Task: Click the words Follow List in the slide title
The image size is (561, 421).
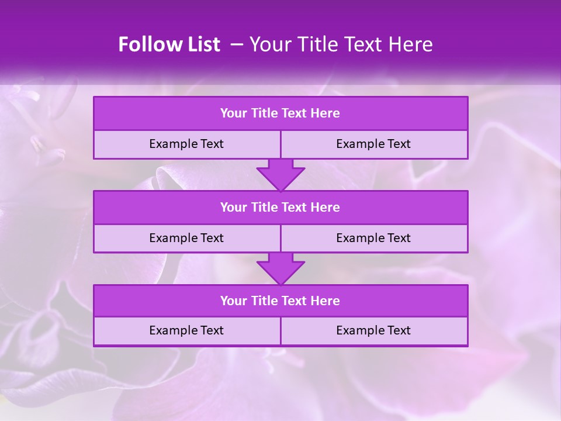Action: tap(169, 44)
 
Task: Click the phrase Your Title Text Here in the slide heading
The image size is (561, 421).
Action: tap(341, 44)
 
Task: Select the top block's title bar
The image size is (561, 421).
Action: tap(280, 113)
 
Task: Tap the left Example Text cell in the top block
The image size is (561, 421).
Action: tap(186, 144)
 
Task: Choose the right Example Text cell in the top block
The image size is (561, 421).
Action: tap(373, 144)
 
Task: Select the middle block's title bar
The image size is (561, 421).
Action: tap(280, 208)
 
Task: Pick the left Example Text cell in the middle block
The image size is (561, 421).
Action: tap(186, 238)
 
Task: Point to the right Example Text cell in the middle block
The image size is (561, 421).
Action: tap(373, 238)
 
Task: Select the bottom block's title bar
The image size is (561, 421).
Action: tap(280, 301)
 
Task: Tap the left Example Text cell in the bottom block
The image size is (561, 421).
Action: tap(186, 330)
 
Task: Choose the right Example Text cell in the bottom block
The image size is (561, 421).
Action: tap(373, 330)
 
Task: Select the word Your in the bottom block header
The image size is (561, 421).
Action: tap(234, 301)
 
